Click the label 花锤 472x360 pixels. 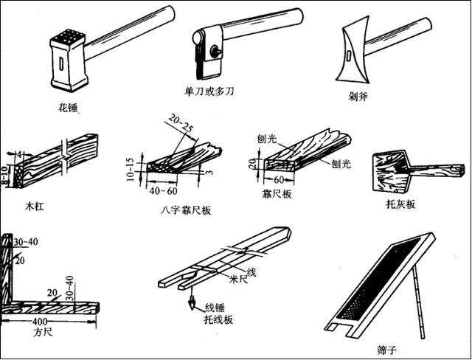tap(68, 107)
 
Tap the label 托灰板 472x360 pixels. tap(400, 204)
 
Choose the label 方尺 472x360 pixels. tap(42, 332)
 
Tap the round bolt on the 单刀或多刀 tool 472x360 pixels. tap(215, 52)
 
